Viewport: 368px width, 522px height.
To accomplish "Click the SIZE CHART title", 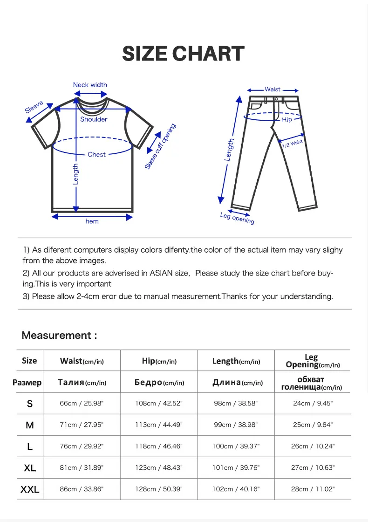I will [183, 54].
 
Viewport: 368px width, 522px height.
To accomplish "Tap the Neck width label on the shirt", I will [90, 85].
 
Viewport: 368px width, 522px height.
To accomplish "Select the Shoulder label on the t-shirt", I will [94, 119].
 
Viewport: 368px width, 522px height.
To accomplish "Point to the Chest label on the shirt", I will [96, 154].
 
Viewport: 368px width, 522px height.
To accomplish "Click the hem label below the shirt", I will [92, 221].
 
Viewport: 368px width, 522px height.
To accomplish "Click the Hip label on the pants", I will [287, 120].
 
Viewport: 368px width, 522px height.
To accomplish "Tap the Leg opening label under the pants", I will [238, 218].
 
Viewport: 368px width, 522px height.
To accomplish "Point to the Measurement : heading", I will [59, 335].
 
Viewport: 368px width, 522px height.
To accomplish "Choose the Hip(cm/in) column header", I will [159, 361].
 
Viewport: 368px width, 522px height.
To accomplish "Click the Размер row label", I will [27, 383].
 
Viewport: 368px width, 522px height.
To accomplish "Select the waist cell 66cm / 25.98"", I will [82, 404].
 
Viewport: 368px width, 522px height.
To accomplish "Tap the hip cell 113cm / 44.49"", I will [159, 425].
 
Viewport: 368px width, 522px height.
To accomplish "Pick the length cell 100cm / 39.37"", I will [235, 446].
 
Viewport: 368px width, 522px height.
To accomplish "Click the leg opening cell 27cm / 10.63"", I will [313, 467].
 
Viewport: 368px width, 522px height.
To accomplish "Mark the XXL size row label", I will [30, 489].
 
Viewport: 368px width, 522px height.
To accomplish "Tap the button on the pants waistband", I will [276, 99].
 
